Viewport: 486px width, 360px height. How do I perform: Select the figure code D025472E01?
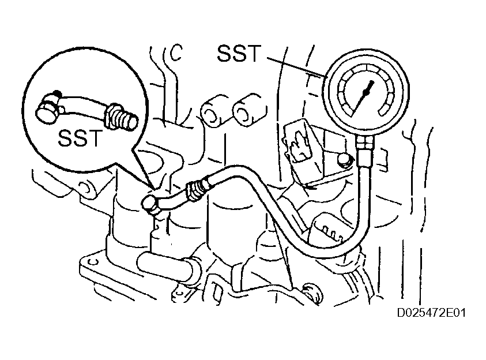point(431,313)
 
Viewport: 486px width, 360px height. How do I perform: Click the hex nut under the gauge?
point(364,143)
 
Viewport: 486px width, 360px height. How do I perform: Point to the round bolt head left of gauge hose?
point(343,160)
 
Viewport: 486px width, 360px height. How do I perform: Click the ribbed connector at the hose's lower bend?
point(327,228)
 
